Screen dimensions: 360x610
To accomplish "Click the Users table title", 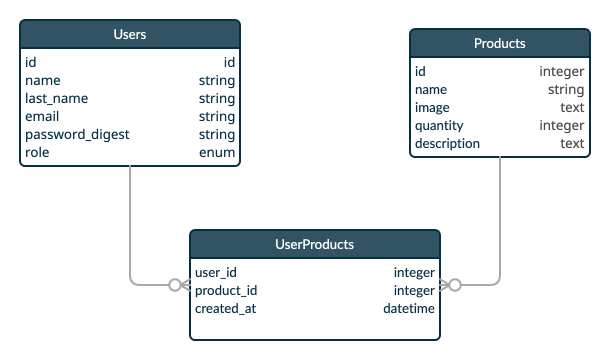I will [x=129, y=34].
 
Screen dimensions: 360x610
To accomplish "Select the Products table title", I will [x=499, y=43].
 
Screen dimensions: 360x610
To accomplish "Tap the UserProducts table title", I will [x=314, y=244].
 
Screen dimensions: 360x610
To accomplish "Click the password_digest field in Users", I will [x=77, y=134].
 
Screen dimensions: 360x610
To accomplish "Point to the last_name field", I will [x=56, y=98].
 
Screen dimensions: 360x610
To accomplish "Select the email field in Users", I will [x=42, y=116].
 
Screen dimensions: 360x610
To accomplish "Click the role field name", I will [x=37, y=152].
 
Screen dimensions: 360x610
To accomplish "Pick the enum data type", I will [x=217, y=152].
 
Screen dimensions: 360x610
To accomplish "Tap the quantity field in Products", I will [x=439, y=125].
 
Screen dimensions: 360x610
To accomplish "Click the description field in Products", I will [x=447, y=143].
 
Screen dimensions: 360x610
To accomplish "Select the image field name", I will [x=432, y=107].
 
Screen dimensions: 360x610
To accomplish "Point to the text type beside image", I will [x=572, y=107].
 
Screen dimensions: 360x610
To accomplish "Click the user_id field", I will [x=215, y=272].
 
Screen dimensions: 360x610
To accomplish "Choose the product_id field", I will [x=226, y=290].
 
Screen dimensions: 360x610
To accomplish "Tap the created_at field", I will [x=225, y=308].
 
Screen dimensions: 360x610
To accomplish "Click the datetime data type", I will [x=408, y=308].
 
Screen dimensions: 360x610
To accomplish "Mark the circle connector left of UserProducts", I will [x=174, y=285].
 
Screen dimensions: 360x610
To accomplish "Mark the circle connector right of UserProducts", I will [x=454, y=285].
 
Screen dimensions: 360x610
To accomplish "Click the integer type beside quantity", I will [x=561, y=125].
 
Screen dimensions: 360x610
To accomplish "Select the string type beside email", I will [x=216, y=116].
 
